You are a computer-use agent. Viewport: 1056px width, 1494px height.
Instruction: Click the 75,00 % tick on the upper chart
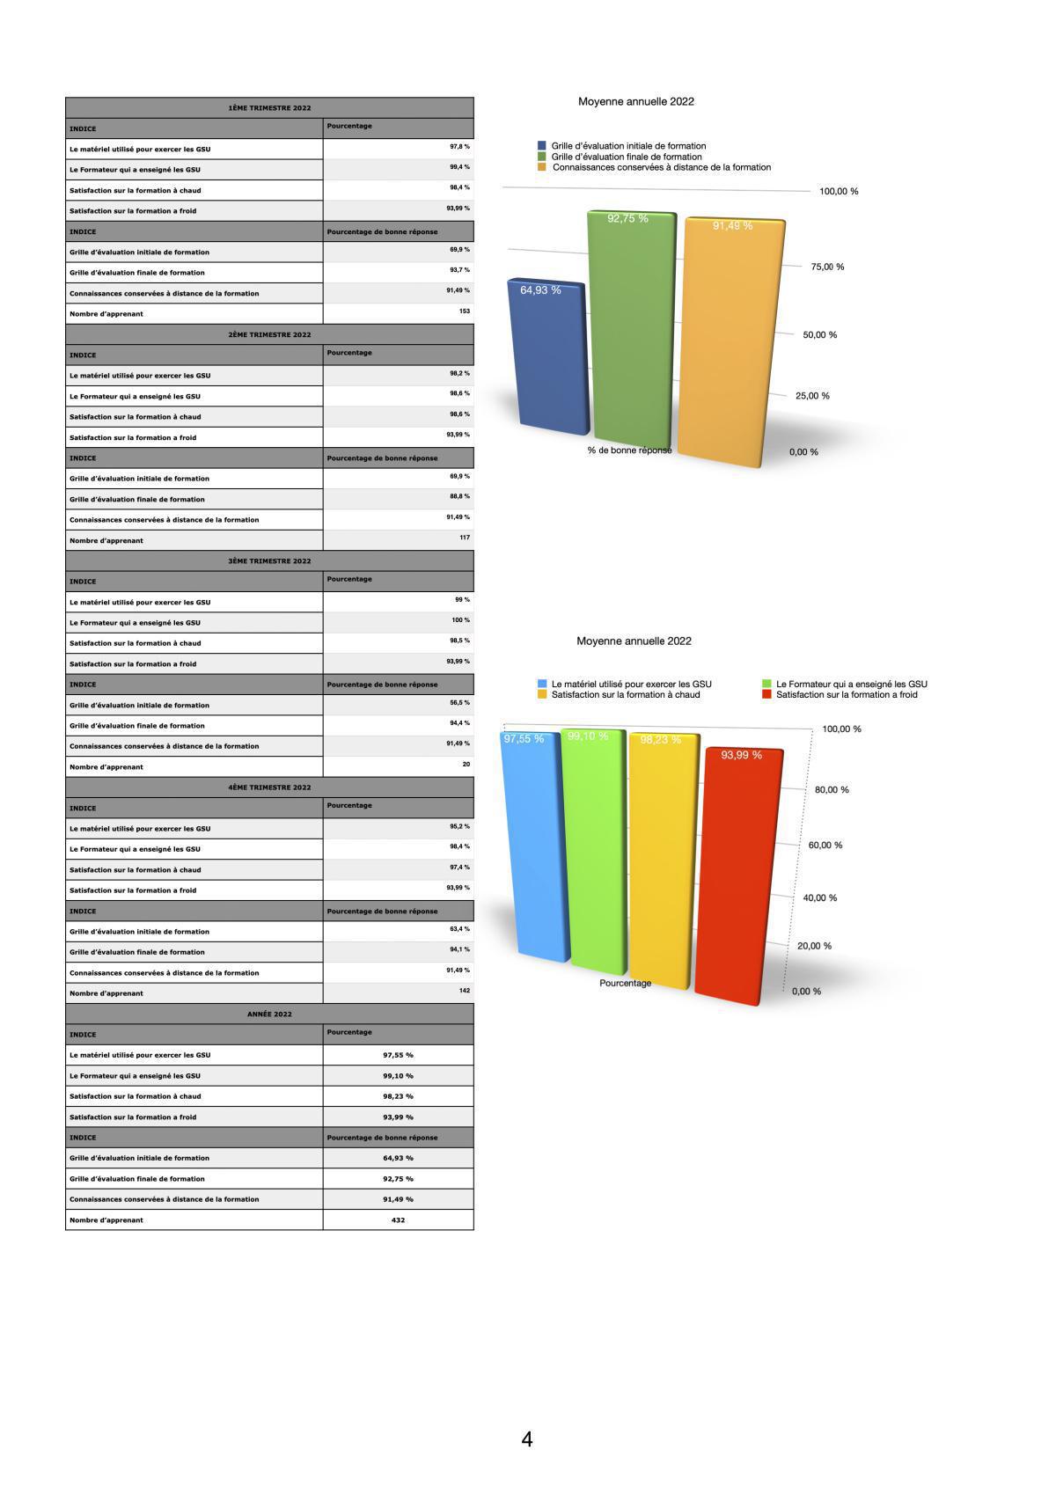coord(826,267)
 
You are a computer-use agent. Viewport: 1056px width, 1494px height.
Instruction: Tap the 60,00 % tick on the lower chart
coord(825,846)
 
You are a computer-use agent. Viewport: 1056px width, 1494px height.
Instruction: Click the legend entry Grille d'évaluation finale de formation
coord(626,157)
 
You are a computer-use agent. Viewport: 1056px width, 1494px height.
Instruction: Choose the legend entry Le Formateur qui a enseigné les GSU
coord(850,684)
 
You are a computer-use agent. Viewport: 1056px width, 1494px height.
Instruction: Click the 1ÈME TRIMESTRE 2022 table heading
coord(269,108)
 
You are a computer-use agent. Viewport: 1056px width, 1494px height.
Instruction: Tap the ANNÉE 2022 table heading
coord(269,1014)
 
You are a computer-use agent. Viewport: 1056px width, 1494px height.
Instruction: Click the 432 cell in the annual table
coord(398,1220)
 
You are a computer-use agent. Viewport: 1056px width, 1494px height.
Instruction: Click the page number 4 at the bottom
coord(526,1440)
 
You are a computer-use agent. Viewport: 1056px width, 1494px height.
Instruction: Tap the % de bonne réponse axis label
coord(629,450)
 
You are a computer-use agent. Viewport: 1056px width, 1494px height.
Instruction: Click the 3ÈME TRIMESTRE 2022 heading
coord(269,561)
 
